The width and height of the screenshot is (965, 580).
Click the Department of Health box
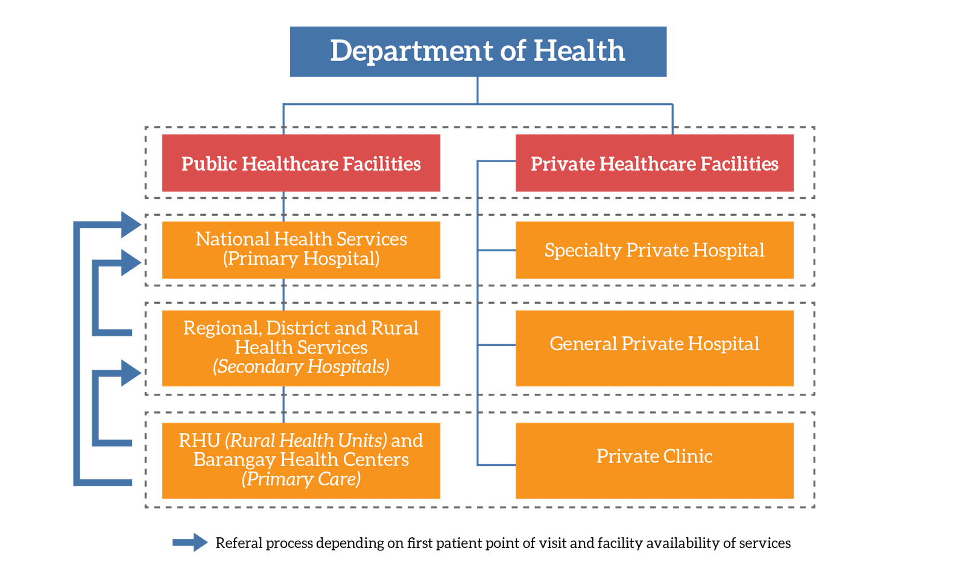click(x=478, y=52)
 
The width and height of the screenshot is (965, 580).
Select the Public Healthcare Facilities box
click(x=301, y=163)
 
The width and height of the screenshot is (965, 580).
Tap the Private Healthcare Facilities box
click(x=654, y=163)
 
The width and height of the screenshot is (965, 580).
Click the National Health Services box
click(x=301, y=250)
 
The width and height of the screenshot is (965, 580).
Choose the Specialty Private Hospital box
click(x=654, y=250)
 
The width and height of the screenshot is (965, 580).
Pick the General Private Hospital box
click(x=654, y=348)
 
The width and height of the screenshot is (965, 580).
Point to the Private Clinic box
click(x=654, y=461)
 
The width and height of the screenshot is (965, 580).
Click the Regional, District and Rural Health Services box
click(x=301, y=348)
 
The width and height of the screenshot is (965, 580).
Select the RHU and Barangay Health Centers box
click(x=301, y=461)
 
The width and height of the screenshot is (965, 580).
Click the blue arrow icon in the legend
click(x=190, y=543)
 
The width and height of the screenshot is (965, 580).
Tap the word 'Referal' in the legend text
click(x=239, y=543)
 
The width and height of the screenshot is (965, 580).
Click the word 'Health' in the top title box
click(x=579, y=51)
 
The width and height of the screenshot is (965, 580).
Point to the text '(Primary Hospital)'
click(x=301, y=259)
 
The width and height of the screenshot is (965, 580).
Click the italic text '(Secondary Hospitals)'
click(x=301, y=367)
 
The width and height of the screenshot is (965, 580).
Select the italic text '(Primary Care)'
click(x=301, y=479)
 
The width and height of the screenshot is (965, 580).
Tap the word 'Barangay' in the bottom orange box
click(x=234, y=460)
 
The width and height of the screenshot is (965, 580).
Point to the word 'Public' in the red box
click(x=209, y=163)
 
